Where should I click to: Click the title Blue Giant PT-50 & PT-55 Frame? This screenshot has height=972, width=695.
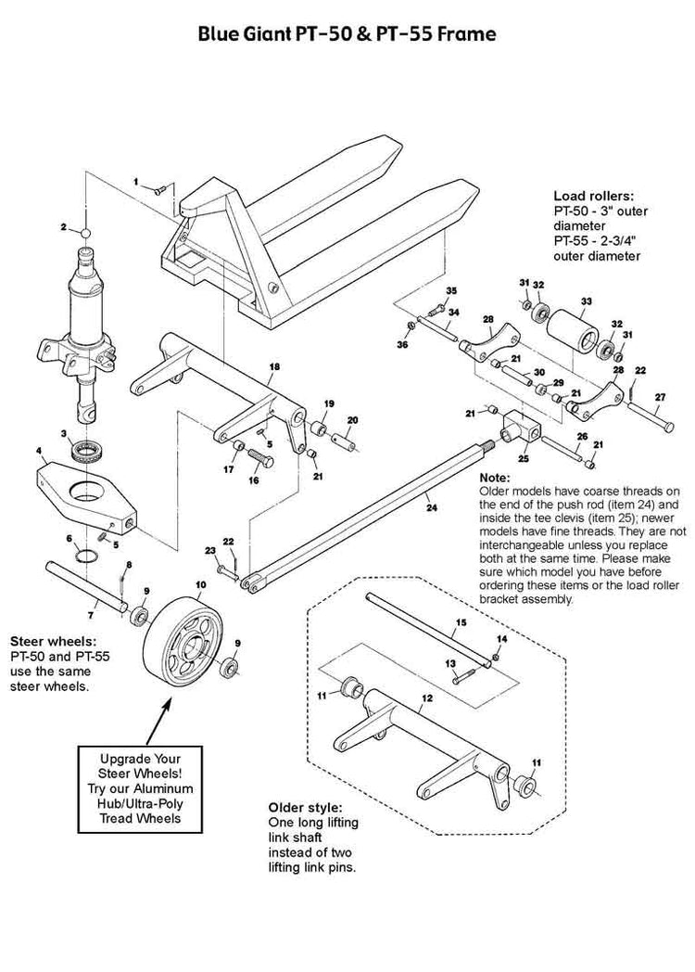pyautogui.click(x=347, y=35)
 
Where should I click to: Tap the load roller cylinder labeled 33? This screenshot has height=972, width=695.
pyautogui.click(x=574, y=328)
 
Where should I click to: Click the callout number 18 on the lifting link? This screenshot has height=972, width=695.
pyautogui.click(x=273, y=367)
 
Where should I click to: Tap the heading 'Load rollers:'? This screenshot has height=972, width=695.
pyautogui.click(x=593, y=196)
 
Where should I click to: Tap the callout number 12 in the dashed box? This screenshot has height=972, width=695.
pyautogui.click(x=426, y=697)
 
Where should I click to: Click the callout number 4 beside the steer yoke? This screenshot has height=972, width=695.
pyautogui.click(x=40, y=452)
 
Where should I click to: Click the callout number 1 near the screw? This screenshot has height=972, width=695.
pyautogui.click(x=135, y=182)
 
